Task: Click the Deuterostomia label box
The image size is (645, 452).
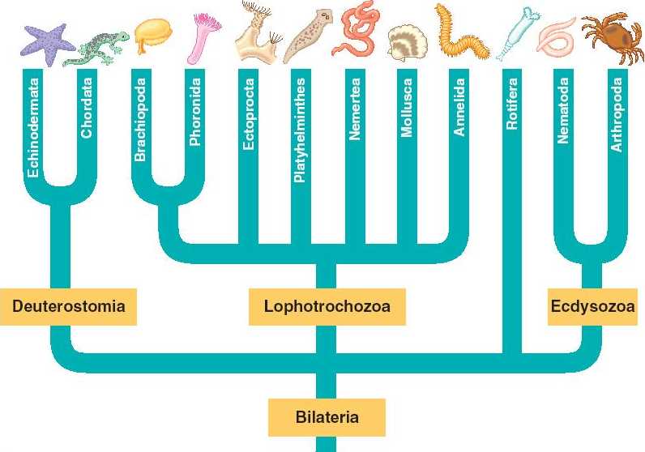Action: (68, 307)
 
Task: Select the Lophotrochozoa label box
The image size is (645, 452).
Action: (326, 307)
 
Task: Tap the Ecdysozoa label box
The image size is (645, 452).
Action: (592, 307)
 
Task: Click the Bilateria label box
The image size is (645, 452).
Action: (326, 418)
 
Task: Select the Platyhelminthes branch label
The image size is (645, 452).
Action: (299, 130)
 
